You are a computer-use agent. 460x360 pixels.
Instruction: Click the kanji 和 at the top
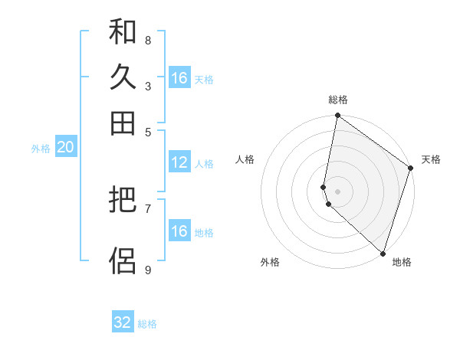click(x=123, y=32)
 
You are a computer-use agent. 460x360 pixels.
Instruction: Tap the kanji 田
click(x=123, y=123)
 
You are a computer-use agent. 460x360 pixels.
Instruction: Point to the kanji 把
click(x=123, y=201)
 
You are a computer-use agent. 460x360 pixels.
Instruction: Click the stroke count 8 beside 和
click(x=148, y=40)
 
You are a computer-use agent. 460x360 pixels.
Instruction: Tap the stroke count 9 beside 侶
click(x=148, y=270)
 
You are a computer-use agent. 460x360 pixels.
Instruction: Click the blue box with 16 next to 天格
click(x=179, y=78)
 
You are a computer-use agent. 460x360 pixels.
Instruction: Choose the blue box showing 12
click(x=179, y=162)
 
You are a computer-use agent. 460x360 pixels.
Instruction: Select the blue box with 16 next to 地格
click(x=179, y=231)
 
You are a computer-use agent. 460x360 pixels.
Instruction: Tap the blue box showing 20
click(x=65, y=148)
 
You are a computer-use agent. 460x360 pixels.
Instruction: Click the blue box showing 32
click(x=123, y=322)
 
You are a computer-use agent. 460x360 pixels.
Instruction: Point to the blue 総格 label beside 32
click(x=147, y=324)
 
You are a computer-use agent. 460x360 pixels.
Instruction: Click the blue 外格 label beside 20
click(x=41, y=149)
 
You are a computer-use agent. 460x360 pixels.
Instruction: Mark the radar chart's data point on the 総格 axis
click(x=337, y=116)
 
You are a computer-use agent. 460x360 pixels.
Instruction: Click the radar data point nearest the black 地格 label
click(x=383, y=253)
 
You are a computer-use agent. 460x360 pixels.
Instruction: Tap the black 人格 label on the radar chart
click(x=245, y=159)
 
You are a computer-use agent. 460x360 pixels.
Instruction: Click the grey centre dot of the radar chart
click(x=337, y=191)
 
